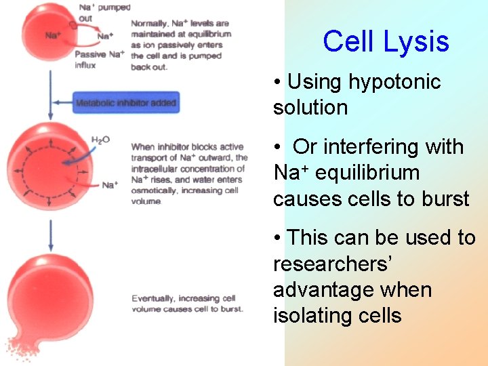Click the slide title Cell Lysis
pyautogui.click(x=386, y=41)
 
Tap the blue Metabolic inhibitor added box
pyautogui.click(x=126, y=103)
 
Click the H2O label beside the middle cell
pyautogui.click(x=100, y=140)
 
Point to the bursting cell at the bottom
pyautogui.click(x=47, y=298)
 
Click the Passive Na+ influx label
pyautogui.click(x=99, y=60)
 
